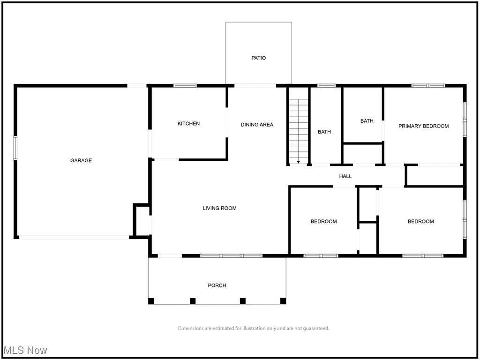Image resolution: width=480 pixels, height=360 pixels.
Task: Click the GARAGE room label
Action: click(x=81, y=160)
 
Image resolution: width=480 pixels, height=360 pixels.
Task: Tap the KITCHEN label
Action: click(x=188, y=124)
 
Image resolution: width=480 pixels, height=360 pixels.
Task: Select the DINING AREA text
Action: click(x=257, y=125)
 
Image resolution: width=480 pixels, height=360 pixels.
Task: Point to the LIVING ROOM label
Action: click(x=219, y=208)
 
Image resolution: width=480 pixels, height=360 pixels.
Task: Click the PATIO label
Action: click(x=258, y=58)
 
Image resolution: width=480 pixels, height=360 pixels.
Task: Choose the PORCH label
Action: click(x=217, y=285)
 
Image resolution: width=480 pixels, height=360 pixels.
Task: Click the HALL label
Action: click(x=345, y=176)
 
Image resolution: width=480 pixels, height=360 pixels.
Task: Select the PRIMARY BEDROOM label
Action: click(x=423, y=126)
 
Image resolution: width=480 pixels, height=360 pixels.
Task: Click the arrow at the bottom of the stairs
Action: click(x=299, y=162)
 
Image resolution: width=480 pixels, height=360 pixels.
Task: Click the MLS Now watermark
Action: click(x=25, y=350)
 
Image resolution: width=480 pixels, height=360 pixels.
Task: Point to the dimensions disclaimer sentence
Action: click(x=254, y=328)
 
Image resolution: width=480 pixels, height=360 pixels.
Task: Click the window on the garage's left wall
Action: click(x=15, y=148)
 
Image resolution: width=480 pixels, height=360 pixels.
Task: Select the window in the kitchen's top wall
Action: click(x=185, y=86)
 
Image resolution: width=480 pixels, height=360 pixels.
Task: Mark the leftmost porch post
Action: click(x=151, y=301)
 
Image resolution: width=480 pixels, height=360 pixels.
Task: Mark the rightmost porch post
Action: click(x=283, y=301)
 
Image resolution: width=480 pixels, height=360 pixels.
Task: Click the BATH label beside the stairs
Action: click(x=324, y=132)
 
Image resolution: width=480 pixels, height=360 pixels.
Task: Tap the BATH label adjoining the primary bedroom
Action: click(x=367, y=121)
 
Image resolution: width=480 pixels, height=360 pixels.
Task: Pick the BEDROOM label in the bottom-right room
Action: click(x=420, y=222)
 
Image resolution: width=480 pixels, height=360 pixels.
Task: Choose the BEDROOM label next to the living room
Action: click(x=324, y=222)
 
